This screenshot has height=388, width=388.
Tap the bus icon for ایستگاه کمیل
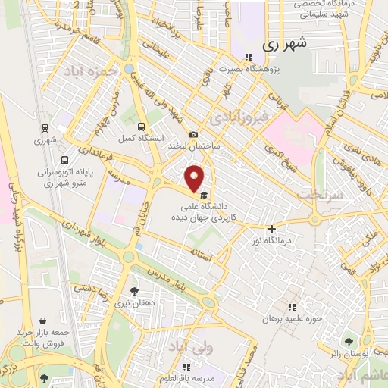pyautogui.click(x=142, y=127)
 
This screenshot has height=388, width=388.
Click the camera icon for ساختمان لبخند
pyautogui.click(x=193, y=134)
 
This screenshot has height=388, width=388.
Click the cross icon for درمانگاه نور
pyautogui.click(x=271, y=229)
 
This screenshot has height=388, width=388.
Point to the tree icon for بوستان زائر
pyautogui.click(x=349, y=342)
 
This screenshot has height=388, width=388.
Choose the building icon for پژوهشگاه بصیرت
pyautogui.click(x=247, y=57)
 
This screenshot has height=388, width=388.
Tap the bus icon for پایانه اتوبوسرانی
pyautogui.click(x=65, y=160)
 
